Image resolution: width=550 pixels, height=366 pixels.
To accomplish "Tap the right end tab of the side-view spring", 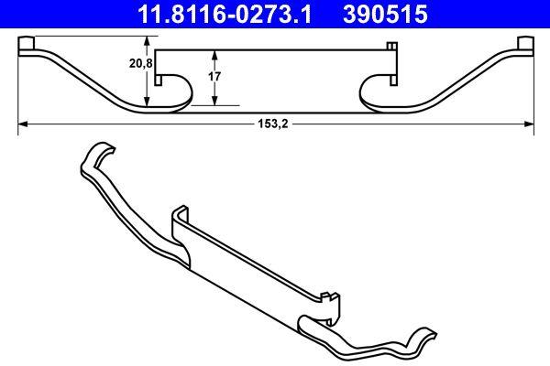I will point(525,45).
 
